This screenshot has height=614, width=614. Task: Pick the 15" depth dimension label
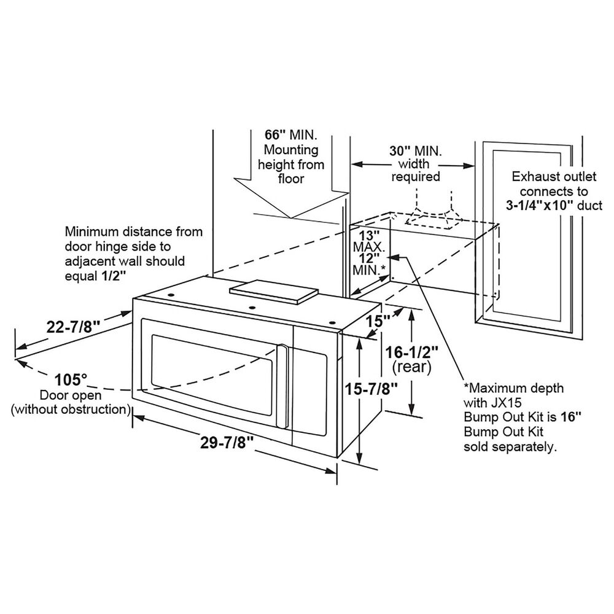click(x=379, y=321)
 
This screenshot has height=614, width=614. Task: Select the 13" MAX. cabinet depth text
click(x=368, y=241)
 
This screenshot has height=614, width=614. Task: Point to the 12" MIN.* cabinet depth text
click(x=369, y=264)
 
